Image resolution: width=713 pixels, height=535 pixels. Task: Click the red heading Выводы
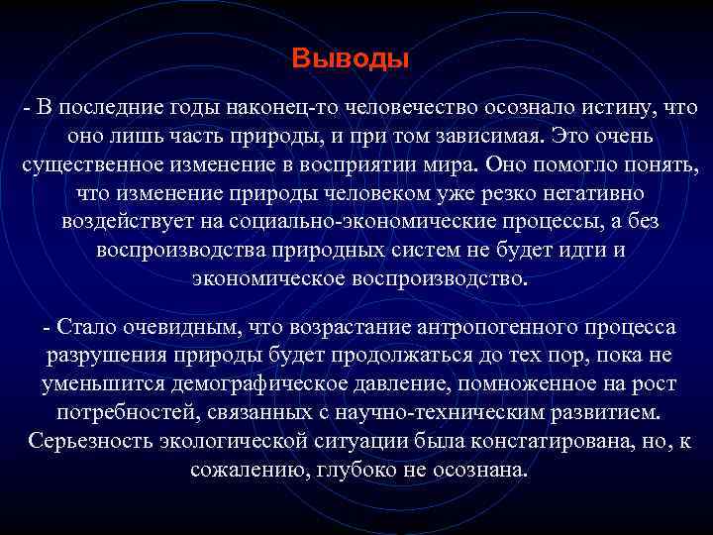[x=351, y=59]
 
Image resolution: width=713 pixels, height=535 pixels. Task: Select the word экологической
[x=230, y=441]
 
